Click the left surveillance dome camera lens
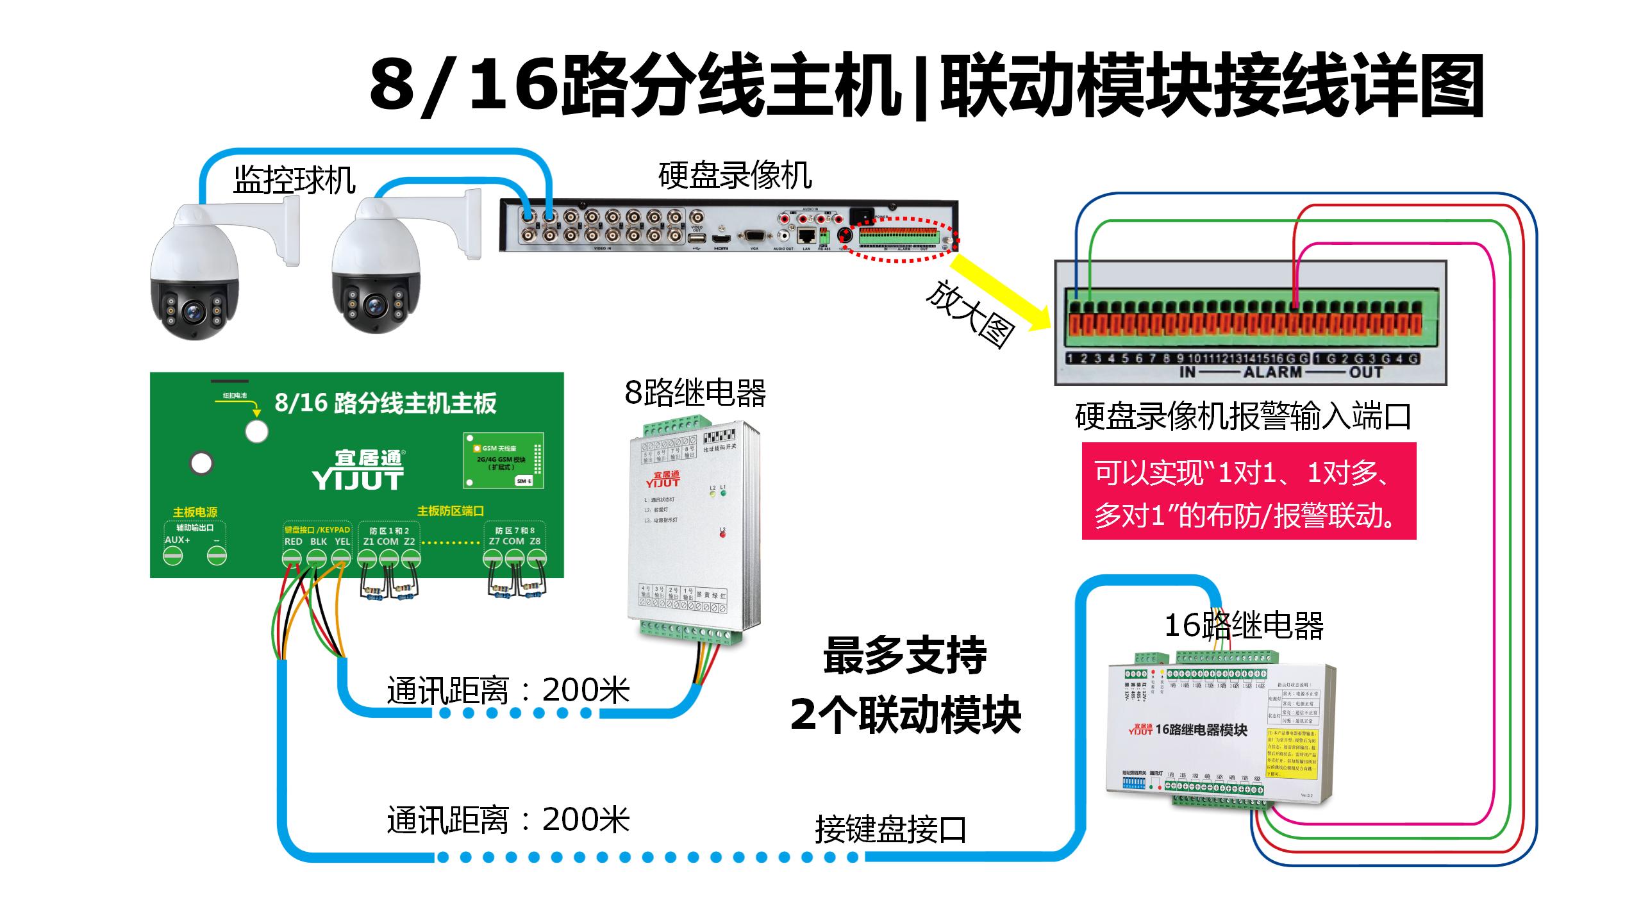[x=192, y=312]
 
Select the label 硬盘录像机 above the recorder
[x=735, y=175]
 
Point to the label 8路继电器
[x=696, y=392]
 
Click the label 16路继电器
[x=1244, y=625]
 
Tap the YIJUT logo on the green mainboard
[x=358, y=470]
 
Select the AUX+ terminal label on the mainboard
[x=178, y=540]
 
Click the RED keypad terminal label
[x=293, y=542]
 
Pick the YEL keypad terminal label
[x=342, y=542]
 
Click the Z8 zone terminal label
[x=535, y=542]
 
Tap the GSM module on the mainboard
[x=504, y=460]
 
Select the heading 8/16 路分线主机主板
[x=385, y=403]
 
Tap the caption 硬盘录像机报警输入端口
[x=1244, y=416]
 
